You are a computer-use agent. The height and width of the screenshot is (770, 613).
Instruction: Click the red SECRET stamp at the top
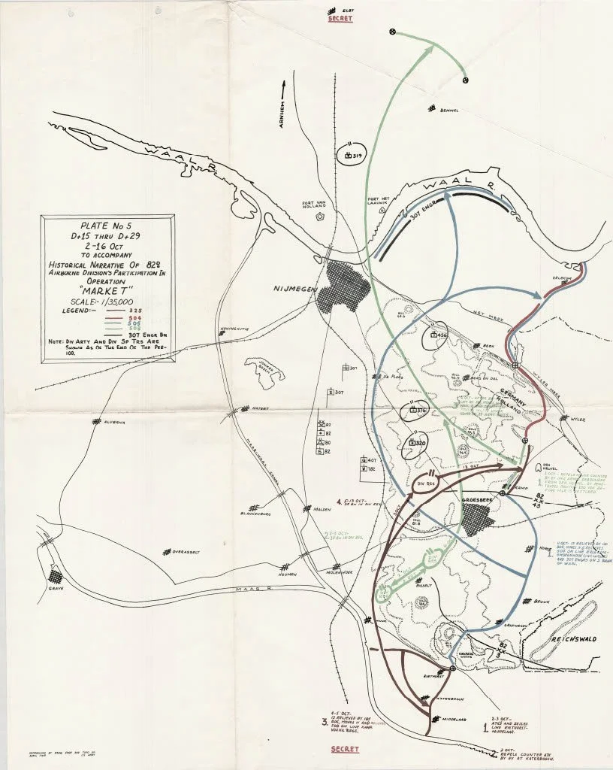[330, 18]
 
